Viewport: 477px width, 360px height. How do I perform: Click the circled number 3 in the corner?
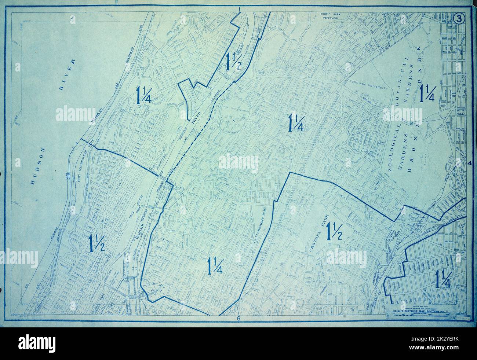459,19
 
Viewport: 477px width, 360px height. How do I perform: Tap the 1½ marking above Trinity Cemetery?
97,242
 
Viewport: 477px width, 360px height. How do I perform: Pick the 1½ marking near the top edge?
233,61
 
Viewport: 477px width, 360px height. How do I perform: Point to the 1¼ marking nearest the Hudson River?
144,95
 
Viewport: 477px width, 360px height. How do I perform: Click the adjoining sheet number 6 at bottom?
238,319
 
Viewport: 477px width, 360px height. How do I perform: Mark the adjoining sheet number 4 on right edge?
469,164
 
